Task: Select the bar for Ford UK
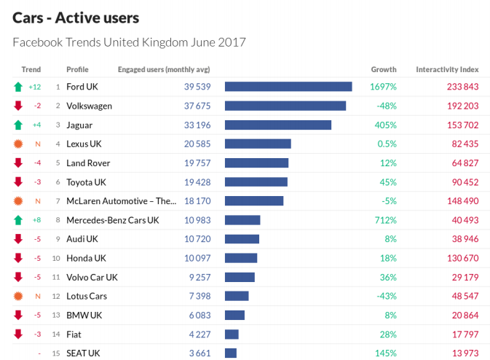coord(288,87)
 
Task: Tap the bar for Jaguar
coord(278,125)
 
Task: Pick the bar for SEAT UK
coord(231,353)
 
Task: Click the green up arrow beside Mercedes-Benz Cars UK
coord(18,220)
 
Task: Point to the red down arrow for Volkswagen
coord(18,106)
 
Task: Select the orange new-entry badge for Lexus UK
coord(18,144)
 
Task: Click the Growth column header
coord(384,69)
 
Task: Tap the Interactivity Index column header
coord(447,69)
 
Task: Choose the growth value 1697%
coord(383,87)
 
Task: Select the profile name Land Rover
coord(87,163)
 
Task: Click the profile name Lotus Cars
coord(87,296)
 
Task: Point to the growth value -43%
coord(386,296)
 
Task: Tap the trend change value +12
coord(35,87)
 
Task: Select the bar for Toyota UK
coord(256,181)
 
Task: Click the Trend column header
coord(31,69)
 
